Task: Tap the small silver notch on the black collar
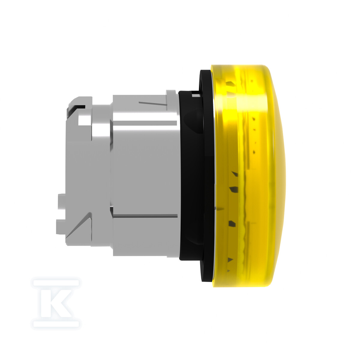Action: (x=195, y=95)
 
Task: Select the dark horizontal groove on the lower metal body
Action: (x=145, y=216)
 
